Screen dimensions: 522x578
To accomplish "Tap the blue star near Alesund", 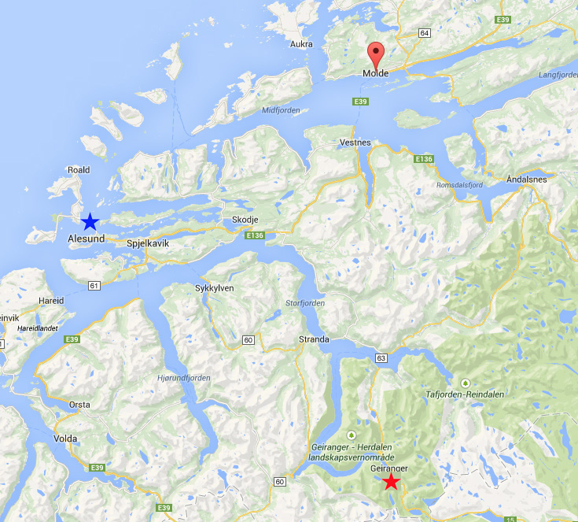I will pos(90,222).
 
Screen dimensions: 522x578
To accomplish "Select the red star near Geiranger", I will pos(391,482).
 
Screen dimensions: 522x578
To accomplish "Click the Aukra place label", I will pos(302,44).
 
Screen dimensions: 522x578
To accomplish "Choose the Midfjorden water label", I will pos(281,110).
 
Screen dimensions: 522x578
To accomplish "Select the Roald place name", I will pos(79,169).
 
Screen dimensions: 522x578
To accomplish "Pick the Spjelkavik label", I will pos(148,244).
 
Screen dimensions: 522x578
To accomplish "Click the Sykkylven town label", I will pos(214,288).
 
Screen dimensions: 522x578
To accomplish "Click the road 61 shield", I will pos(95,285).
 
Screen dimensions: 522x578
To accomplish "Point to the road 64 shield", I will pos(425,33).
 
